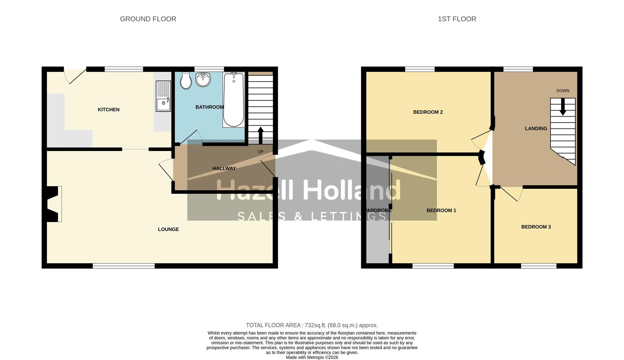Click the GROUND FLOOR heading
pyautogui.click(x=148, y=19)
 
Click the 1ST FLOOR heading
pyautogui.click(x=457, y=19)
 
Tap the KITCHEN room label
pyautogui.click(x=108, y=110)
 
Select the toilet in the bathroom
pyautogui.click(x=186, y=80)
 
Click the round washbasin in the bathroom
pyautogui.click(x=203, y=79)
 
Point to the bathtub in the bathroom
pyautogui.click(x=234, y=100)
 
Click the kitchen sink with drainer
pyautogui.click(x=163, y=96)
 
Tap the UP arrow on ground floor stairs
pyautogui.click(x=261, y=135)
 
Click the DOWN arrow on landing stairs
pyautogui.click(x=563, y=107)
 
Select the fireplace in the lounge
pyautogui.click(x=53, y=204)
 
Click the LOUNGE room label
pyautogui.click(x=168, y=229)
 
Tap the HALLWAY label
pyautogui.click(x=224, y=169)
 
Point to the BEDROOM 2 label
pyautogui.click(x=428, y=112)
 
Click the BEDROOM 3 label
pyautogui.click(x=536, y=227)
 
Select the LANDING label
pyautogui.click(x=536, y=128)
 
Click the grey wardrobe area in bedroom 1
pyautogui.click(x=377, y=233)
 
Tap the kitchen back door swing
pyautogui.click(x=74, y=76)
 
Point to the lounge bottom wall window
pyautogui.click(x=124, y=266)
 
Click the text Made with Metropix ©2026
pyautogui.click(x=312, y=357)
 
